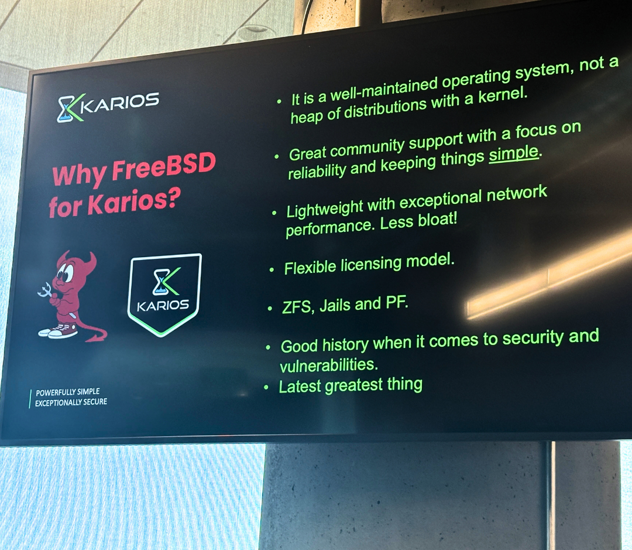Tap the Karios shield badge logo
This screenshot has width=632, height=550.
[x=164, y=295]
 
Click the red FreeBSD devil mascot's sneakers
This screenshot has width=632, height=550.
[x=59, y=330]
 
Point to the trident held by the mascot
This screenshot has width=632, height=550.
[x=45, y=290]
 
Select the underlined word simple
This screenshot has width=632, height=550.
[x=514, y=153]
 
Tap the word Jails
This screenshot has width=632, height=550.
[x=335, y=306]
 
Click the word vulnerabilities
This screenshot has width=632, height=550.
[x=328, y=365]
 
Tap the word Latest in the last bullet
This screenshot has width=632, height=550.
[x=300, y=387]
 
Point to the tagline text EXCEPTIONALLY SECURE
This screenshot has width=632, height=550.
[x=71, y=402]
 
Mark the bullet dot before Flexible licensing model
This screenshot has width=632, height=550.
[x=272, y=269]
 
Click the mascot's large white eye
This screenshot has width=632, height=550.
[x=67, y=273]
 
